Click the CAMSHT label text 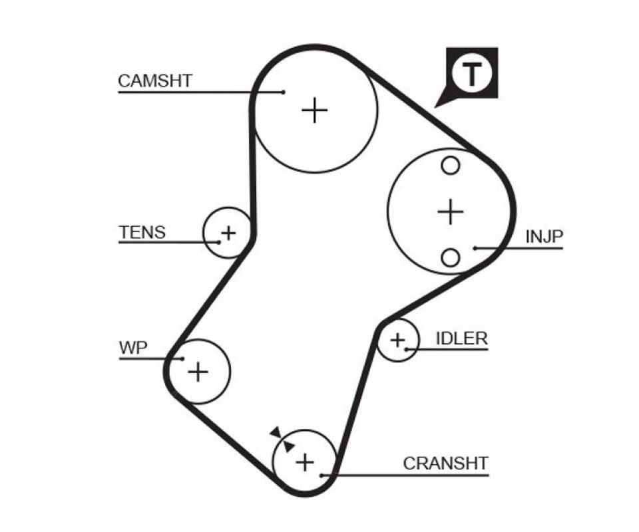155,81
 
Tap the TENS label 142,233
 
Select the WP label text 133,348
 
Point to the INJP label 544,237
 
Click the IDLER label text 461,338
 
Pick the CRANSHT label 445,463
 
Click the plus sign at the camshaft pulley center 315,110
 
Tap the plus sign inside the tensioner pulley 228,233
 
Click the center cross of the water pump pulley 198,371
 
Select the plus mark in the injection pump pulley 451,211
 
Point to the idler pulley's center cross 397,340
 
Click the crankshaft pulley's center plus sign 304,462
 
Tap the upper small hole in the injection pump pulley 451,166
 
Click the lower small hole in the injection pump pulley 451,257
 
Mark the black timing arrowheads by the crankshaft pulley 282,440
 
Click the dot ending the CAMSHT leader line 284,92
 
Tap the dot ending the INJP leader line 476,249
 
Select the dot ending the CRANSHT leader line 321,475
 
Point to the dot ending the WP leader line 182,359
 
